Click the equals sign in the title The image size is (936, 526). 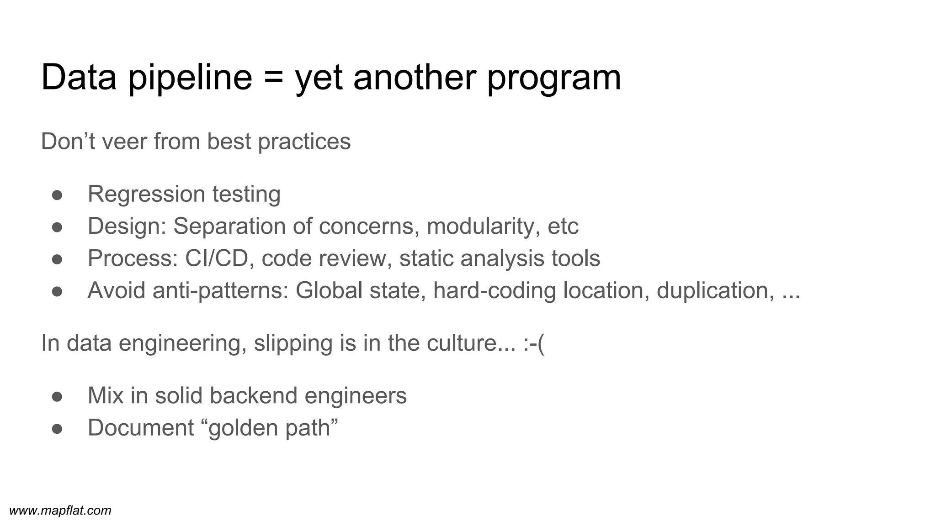pos(274,78)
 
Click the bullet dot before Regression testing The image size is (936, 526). pos(57,195)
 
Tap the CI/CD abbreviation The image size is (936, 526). pos(217,258)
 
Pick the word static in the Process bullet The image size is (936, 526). pos(426,258)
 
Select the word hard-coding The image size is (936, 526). pos(494,291)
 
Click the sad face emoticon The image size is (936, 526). pos(534,343)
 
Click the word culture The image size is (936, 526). pos(462,343)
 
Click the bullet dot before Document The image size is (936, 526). pos(57,429)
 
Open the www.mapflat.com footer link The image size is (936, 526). pos(60,510)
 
